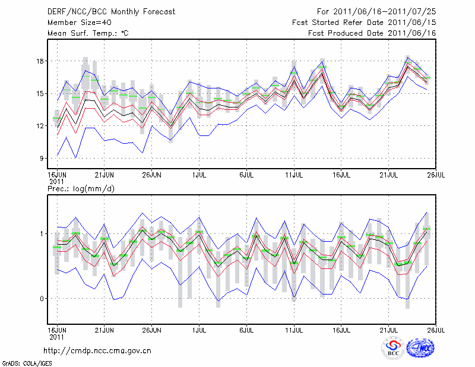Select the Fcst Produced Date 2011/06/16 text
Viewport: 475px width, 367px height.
pos(372,33)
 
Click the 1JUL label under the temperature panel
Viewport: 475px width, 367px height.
pos(199,175)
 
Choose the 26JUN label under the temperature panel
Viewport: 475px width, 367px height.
pos(151,175)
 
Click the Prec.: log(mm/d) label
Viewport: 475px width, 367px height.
pos(80,189)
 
